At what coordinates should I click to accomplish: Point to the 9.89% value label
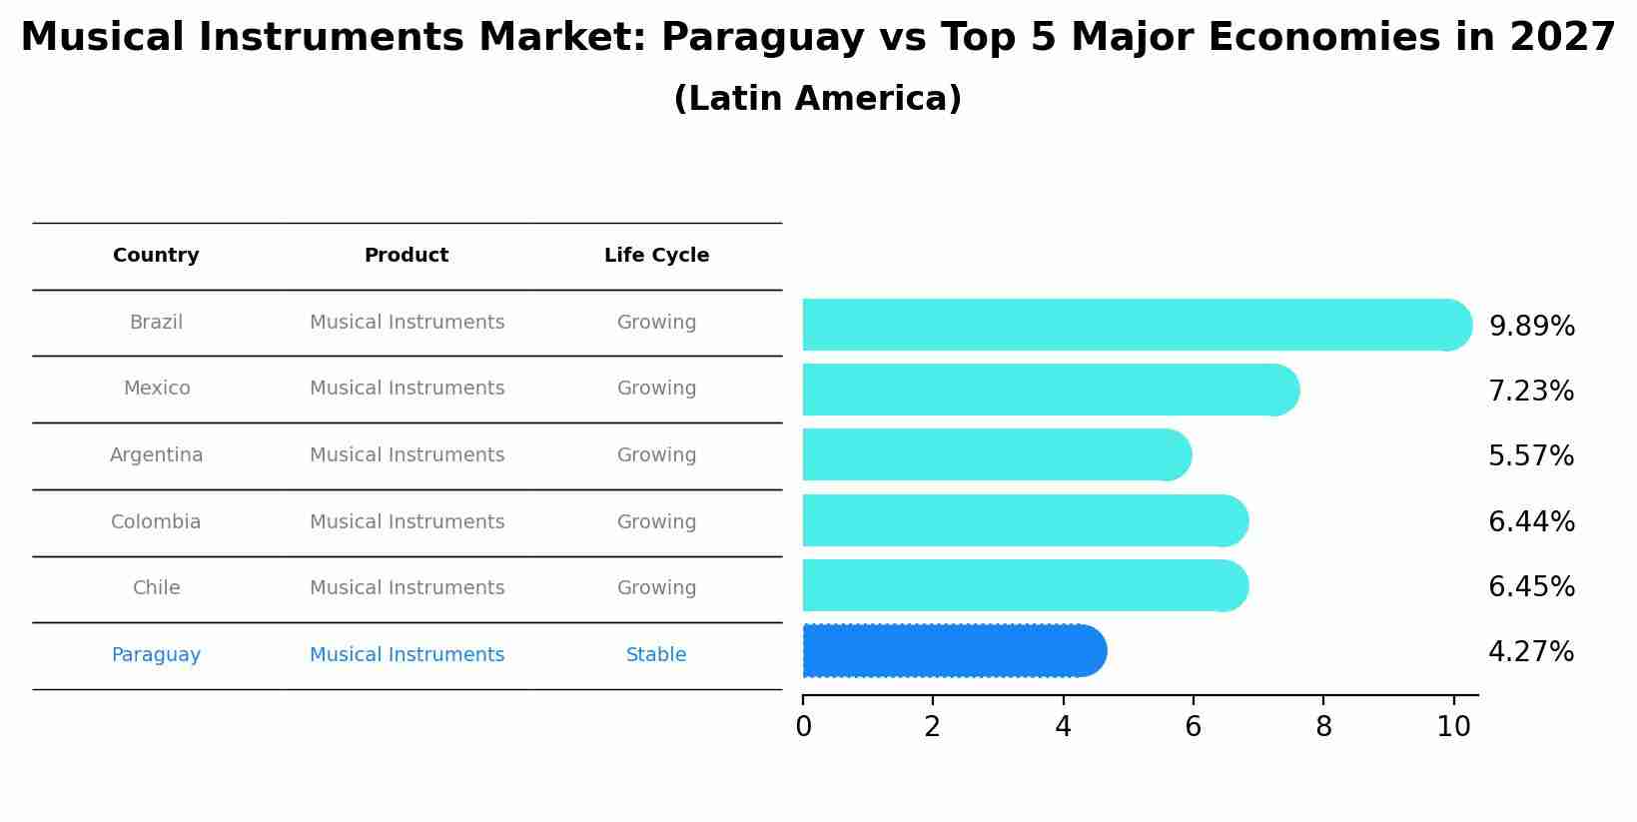(1531, 327)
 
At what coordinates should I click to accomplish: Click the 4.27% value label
(1530, 652)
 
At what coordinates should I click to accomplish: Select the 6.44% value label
(1531, 521)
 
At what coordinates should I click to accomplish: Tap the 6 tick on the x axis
(1193, 727)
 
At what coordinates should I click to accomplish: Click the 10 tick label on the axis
(1453, 727)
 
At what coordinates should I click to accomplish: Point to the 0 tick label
(803, 727)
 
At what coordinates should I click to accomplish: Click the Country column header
(156, 256)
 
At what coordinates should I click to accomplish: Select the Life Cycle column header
(656, 256)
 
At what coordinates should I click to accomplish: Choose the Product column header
(407, 256)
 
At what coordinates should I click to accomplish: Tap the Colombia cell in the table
(156, 522)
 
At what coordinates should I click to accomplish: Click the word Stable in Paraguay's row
(656, 655)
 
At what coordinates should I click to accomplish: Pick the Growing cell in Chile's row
(656, 588)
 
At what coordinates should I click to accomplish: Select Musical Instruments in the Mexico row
(407, 389)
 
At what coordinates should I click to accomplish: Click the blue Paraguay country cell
(156, 655)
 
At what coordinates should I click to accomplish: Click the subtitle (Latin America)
(817, 99)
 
